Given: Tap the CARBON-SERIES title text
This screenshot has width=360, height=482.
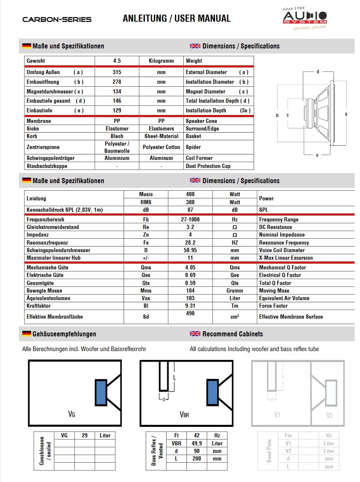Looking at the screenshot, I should [57, 19].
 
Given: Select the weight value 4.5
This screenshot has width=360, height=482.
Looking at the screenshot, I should [117, 61].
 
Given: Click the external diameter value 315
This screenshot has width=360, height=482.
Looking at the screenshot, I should [117, 72].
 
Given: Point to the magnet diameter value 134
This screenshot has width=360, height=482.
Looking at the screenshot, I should [117, 91].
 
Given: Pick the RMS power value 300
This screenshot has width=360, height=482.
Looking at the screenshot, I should [190, 202].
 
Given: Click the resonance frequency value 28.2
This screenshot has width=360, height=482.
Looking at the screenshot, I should [190, 242].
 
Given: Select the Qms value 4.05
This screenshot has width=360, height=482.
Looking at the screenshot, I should [190, 267].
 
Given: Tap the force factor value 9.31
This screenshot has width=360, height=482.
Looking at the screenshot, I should [190, 306].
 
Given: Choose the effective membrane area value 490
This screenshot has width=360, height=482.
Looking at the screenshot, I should [190, 313].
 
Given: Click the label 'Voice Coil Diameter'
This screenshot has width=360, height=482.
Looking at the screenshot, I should [283, 250].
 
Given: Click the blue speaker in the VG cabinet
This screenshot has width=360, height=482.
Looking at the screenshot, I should [101, 392].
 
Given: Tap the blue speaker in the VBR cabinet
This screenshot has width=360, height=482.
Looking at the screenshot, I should [212, 392].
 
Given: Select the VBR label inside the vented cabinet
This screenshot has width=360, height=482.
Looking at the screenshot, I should [184, 414].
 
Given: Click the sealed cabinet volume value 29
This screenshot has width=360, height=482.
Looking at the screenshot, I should [85, 435].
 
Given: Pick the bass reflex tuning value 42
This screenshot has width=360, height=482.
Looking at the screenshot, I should [196, 435].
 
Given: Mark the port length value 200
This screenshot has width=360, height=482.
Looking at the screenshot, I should [196, 458].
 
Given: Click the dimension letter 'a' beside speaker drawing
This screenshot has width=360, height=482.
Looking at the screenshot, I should [346, 114].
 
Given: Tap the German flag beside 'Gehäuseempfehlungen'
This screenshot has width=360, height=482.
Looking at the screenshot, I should [26, 334].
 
